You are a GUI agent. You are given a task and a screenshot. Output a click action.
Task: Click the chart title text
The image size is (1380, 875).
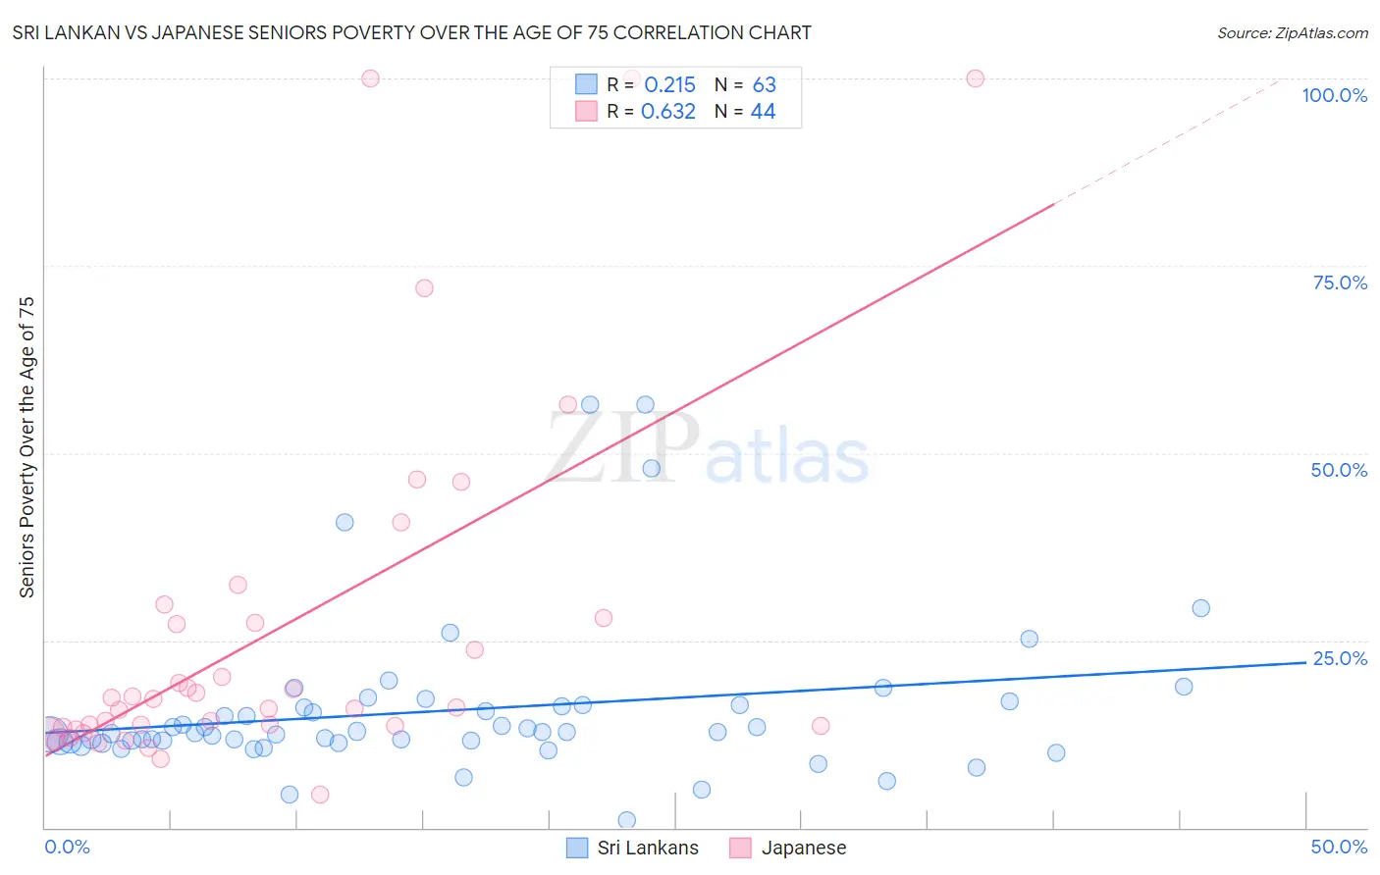coord(411,32)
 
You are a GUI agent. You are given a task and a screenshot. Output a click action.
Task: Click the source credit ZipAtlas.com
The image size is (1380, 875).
coord(1292,32)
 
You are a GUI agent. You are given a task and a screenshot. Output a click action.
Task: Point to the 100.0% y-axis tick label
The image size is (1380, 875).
coord(1334,95)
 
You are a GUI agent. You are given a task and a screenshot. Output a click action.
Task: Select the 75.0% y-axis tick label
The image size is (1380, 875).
coord(1340,283)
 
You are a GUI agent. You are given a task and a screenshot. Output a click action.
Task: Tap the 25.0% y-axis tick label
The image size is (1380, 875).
coord(1340,658)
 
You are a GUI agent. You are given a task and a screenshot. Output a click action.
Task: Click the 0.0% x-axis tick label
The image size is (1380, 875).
coord(67,847)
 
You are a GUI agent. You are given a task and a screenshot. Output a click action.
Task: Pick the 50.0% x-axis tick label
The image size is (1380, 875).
coord(1339,847)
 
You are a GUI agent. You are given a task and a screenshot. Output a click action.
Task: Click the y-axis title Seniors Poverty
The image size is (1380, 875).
coord(27,446)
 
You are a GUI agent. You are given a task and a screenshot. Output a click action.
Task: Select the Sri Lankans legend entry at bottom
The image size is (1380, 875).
coord(633,848)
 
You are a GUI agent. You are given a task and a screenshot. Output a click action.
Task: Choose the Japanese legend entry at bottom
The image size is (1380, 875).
coord(788,848)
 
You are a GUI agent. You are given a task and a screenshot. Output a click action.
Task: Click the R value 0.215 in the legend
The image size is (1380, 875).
coord(669,85)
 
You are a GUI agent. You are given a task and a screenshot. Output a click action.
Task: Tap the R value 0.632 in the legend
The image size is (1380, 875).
coord(667,112)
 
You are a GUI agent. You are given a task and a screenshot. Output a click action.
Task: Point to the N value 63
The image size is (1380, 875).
coord(764,85)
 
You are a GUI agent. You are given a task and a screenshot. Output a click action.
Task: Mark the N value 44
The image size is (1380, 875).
coord(763,112)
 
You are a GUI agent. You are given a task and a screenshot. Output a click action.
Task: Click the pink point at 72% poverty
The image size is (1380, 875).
coord(424,288)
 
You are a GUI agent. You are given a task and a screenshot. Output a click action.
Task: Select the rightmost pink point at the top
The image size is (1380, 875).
coord(975,78)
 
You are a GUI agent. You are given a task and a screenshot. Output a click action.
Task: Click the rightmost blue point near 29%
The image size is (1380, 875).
coord(1200,608)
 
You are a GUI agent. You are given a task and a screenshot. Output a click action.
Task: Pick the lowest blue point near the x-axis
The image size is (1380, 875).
coord(626,820)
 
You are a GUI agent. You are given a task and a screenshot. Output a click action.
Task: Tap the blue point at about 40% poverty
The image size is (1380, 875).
coord(345,522)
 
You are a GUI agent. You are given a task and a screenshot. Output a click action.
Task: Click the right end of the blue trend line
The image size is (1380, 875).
coord(1305,662)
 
